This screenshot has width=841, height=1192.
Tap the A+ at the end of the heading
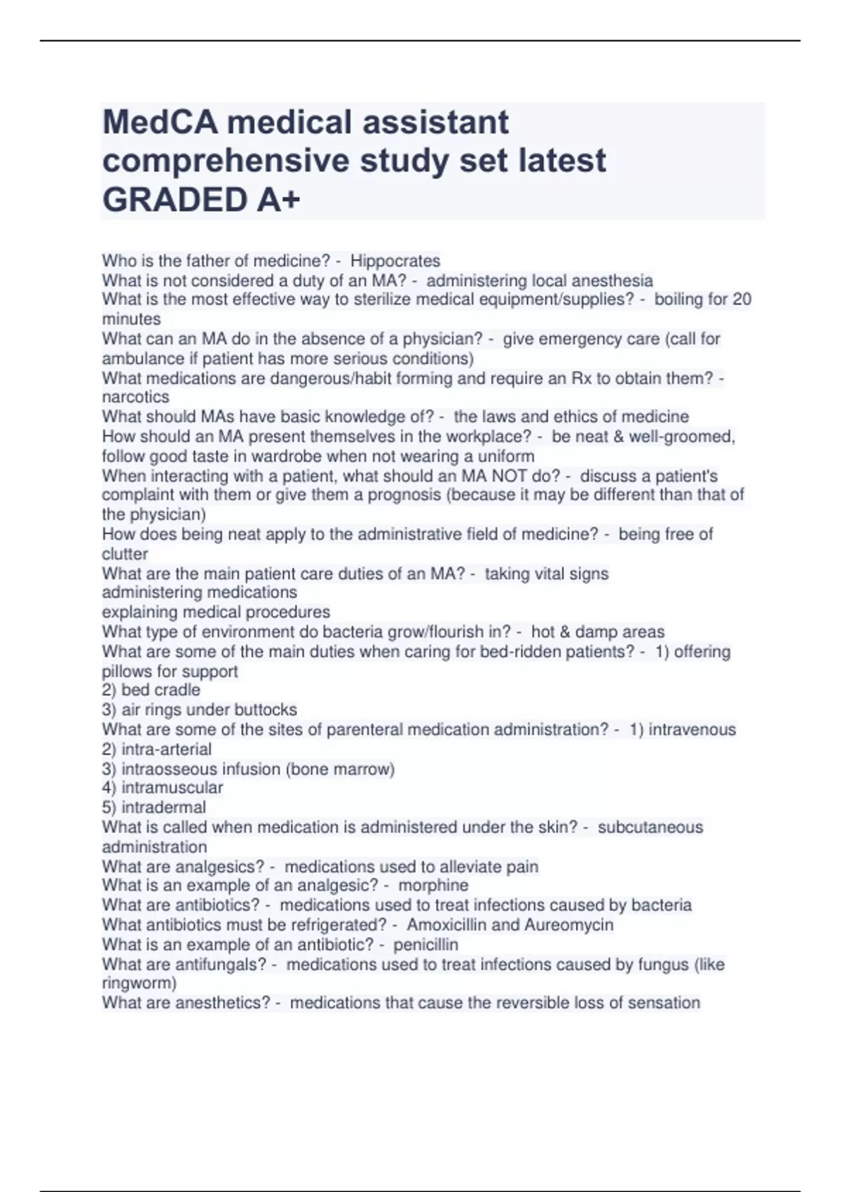click(x=278, y=200)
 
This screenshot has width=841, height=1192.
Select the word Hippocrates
click(x=395, y=261)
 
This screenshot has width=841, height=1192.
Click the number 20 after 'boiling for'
click(x=741, y=299)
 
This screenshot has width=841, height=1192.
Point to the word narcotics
click(x=135, y=397)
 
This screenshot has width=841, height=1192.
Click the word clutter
click(x=125, y=554)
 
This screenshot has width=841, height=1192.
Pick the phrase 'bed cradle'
click(x=160, y=690)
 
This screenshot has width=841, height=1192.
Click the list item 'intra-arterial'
click(x=166, y=749)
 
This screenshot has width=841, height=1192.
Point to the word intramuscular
click(x=172, y=787)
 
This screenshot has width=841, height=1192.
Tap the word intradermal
click(x=163, y=807)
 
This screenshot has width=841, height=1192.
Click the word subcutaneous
click(x=650, y=827)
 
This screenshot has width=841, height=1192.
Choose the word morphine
click(x=433, y=885)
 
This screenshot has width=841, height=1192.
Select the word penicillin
click(x=425, y=944)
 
